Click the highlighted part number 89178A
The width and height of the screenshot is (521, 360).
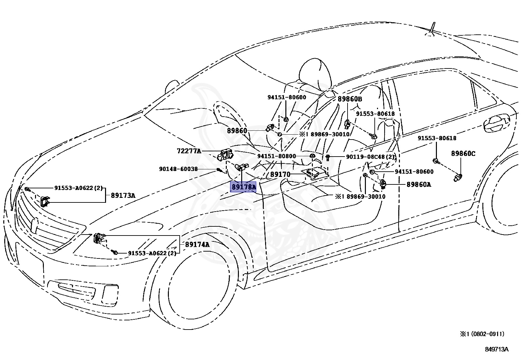click(243, 187)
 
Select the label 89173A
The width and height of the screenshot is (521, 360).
click(123, 196)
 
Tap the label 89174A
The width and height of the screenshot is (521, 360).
click(197, 244)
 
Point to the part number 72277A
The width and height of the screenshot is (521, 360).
click(189, 151)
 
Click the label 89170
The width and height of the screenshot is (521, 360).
click(280, 175)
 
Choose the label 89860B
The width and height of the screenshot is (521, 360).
click(350, 99)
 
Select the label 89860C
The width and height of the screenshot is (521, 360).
click(463, 154)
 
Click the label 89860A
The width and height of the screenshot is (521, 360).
click(419, 185)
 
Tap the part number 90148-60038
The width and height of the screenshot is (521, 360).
click(178, 169)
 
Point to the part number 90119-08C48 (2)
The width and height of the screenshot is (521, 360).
click(370, 157)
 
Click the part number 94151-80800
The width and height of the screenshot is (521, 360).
click(276, 156)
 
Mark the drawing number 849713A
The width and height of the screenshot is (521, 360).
click(496, 349)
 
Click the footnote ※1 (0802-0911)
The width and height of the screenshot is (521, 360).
click(482, 334)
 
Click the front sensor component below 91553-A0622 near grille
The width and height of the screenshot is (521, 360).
click(45, 201)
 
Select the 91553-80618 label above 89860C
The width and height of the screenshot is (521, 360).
click(437, 138)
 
